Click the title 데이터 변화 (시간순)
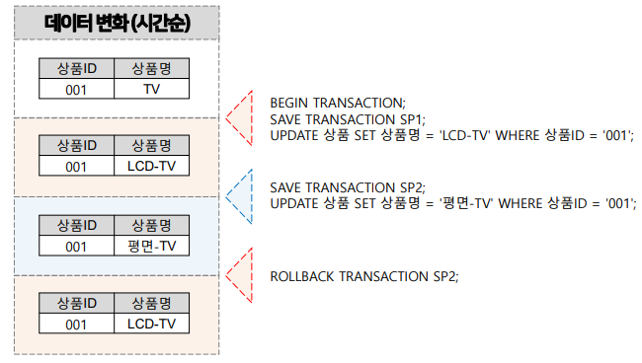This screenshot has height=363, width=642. tap(117, 25)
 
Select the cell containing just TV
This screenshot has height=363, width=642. tap(151, 89)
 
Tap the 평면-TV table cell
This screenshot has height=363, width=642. tap(151, 246)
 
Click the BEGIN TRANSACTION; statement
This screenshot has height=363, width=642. tap(337, 102)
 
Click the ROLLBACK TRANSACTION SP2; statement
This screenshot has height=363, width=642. tap(364, 275)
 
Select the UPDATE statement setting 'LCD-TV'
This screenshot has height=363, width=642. tap(450, 135)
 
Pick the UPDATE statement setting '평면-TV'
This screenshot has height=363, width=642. tap(452, 203)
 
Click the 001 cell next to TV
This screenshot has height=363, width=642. tap(77, 89)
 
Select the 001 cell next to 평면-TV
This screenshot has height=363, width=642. tap(77, 246)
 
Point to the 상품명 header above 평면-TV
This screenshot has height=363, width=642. tap(151, 226)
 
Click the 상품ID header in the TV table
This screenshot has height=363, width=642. tap(77, 68)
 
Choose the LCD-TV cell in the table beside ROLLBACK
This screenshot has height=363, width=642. tap(151, 324)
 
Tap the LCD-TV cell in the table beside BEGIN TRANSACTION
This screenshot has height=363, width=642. tap(151, 166)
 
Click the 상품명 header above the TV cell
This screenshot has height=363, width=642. tap(151, 68)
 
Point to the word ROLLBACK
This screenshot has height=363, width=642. tap(302, 275)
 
